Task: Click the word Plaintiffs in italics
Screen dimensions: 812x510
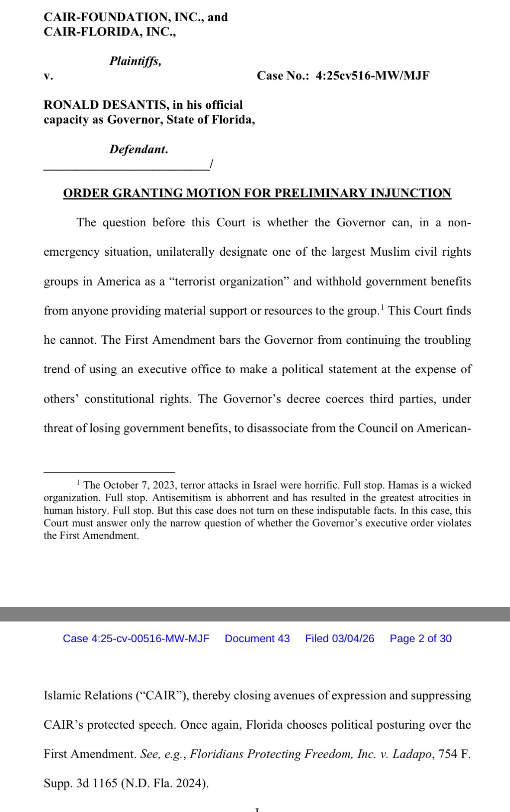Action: (135, 61)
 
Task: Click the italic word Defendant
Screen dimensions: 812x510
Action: (138, 150)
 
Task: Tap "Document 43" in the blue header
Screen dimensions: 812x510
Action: (257, 639)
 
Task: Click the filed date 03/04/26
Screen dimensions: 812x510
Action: (353, 639)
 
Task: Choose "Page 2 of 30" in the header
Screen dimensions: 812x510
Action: (420, 639)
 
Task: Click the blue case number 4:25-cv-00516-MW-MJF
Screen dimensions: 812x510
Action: (136, 639)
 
